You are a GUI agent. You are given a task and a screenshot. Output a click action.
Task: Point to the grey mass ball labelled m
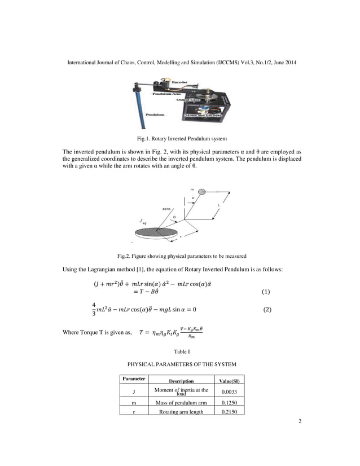203,191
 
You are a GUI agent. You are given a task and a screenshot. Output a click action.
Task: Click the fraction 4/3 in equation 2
94,310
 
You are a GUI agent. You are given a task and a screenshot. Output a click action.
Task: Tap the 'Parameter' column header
133,379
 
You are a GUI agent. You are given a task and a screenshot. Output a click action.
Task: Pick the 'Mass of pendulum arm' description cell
181,403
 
